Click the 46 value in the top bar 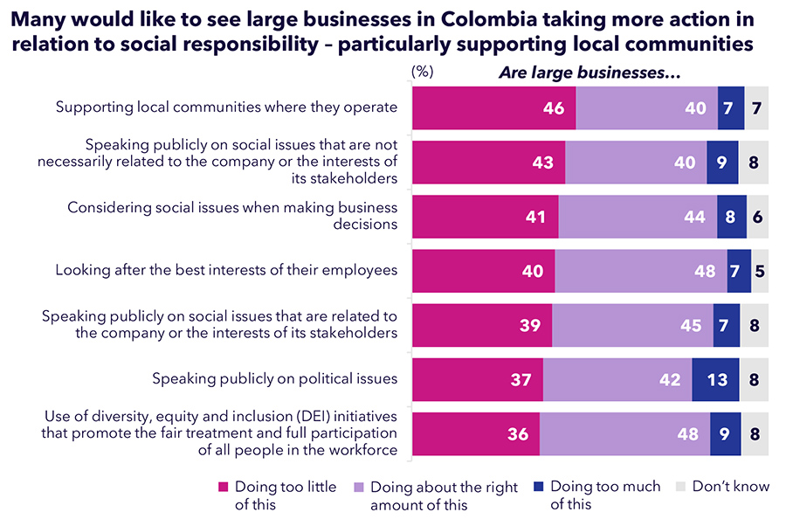553,108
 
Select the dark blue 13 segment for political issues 715,380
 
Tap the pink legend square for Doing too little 223,488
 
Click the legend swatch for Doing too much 538,488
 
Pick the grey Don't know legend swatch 680,488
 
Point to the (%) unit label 423,73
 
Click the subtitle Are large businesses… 589,73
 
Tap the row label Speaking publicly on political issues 275,379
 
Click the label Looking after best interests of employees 226,270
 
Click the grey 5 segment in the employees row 760,271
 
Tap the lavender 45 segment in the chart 632,325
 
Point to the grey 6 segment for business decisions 758,217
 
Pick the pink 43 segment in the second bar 488,163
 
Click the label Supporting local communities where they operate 226,107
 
